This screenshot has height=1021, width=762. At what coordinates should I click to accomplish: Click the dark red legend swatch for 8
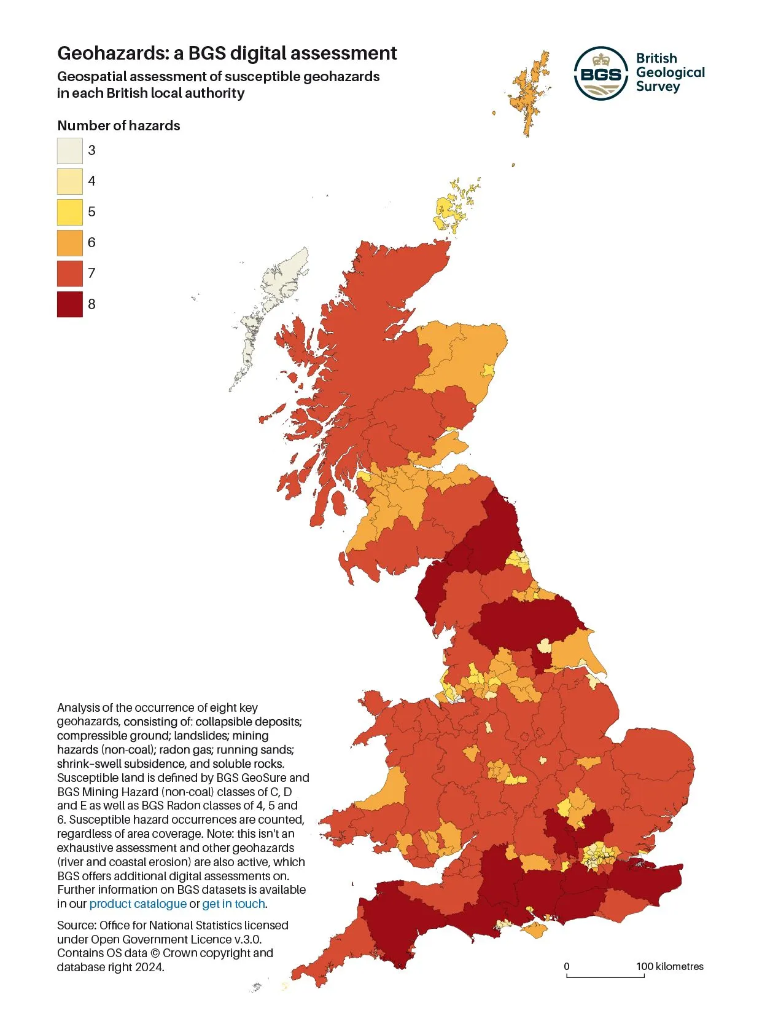69,304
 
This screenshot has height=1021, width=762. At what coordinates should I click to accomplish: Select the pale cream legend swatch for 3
69,151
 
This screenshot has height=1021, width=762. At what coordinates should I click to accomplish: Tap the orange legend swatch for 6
69,243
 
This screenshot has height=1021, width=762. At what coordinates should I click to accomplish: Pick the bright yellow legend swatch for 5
69,212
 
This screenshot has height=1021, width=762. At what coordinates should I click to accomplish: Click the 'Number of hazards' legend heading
119,126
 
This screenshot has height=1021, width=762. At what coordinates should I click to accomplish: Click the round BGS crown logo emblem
601,73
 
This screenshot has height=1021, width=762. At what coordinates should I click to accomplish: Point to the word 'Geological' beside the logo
670,73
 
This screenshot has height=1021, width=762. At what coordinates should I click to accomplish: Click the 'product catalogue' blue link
138,904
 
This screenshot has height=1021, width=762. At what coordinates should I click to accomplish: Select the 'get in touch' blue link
233,904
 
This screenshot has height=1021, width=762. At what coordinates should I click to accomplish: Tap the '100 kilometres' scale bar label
669,967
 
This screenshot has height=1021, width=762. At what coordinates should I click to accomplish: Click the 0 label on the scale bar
567,967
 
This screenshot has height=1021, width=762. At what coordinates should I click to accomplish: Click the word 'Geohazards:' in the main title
113,53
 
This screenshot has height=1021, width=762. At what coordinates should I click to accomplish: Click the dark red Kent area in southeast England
651,879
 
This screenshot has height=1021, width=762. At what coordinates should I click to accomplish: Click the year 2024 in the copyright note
150,968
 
